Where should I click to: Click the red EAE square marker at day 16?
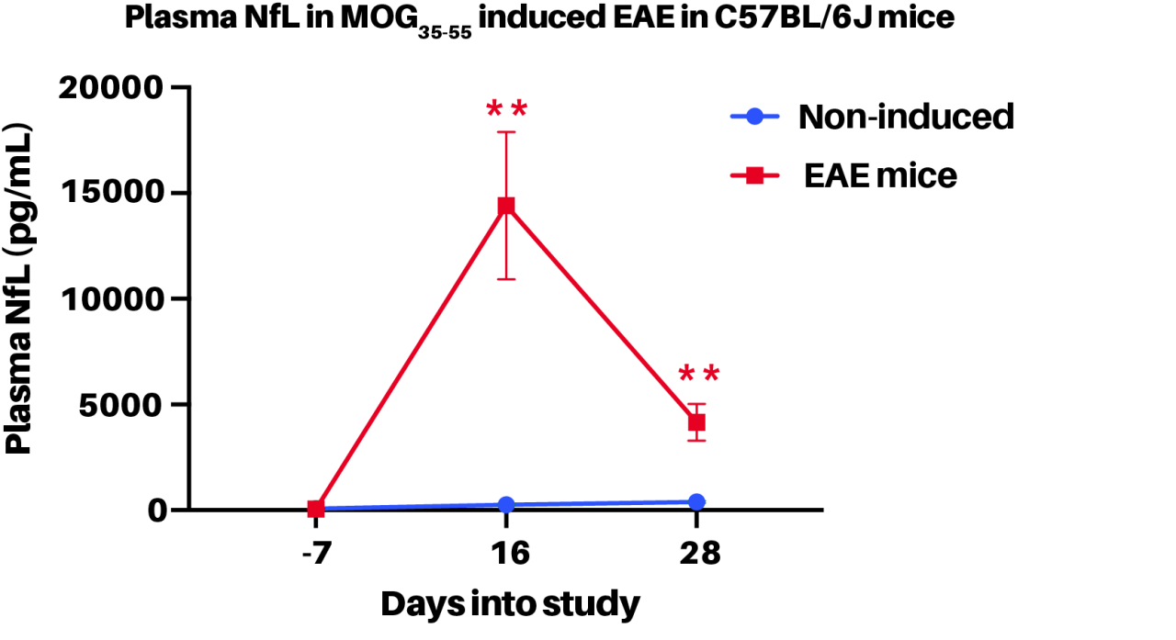pos(505,206)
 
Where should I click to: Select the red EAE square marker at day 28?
pos(696,422)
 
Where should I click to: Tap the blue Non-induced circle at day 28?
pos(696,501)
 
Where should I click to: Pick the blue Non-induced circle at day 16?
pos(505,504)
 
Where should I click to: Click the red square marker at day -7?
pos(315,508)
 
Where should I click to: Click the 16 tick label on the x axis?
pos(505,555)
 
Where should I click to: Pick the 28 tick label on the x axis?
pos(696,555)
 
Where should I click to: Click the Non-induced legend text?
pos(905,117)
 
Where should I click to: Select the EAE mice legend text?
pos(880,174)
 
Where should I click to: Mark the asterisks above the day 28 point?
pos(698,376)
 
